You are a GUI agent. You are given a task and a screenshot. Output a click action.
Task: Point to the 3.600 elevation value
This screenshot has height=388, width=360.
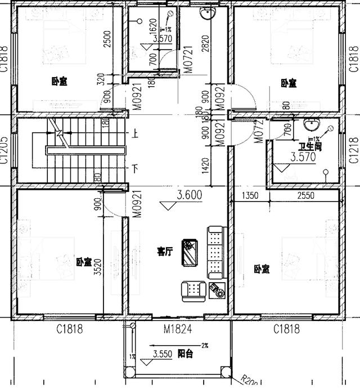190,195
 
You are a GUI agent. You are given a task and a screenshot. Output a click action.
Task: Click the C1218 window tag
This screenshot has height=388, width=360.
354,150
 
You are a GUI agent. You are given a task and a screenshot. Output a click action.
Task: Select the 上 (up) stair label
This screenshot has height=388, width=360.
135,134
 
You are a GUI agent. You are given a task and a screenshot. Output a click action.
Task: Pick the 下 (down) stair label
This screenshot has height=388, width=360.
135,168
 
